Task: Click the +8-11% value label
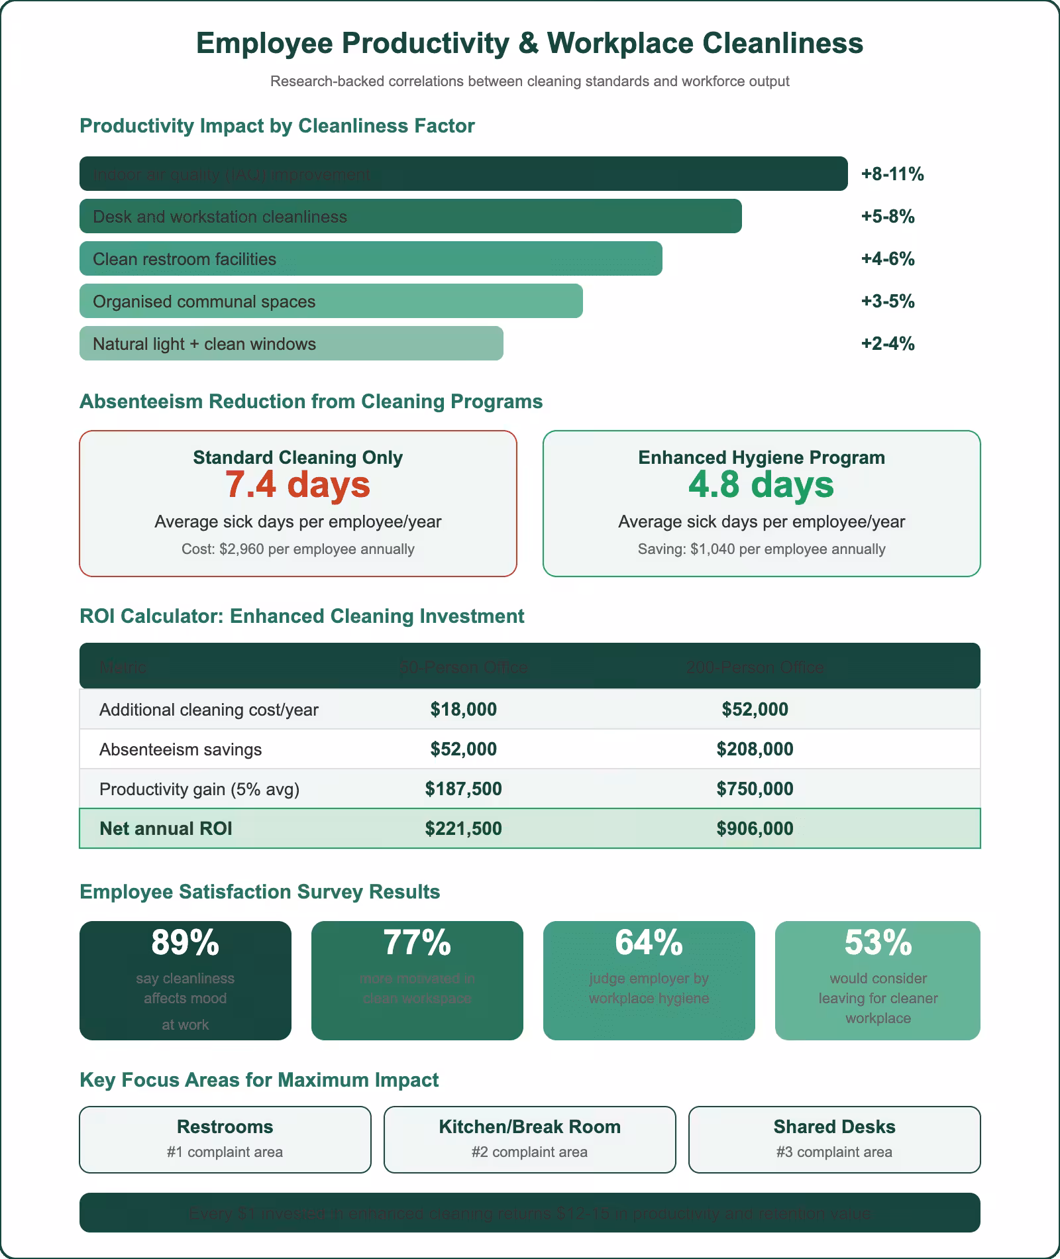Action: [892, 174]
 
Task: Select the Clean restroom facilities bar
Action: [370, 258]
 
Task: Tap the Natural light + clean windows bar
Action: [291, 343]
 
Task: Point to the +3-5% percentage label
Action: [887, 301]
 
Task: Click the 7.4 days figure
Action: [297, 484]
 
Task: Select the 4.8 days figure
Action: [761, 484]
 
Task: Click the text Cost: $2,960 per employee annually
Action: [297, 549]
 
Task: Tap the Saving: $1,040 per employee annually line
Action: [761, 549]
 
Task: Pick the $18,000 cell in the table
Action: [463, 709]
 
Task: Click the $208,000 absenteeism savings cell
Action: [755, 749]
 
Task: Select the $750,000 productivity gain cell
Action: [755, 789]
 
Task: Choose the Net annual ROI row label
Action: [166, 828]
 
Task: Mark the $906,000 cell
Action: [755, 828]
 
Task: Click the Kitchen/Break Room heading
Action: [529, 1126]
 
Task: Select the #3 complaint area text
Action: [834, 1152]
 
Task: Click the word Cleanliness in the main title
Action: [782, 43]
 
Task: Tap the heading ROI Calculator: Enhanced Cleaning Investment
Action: [301, 616]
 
